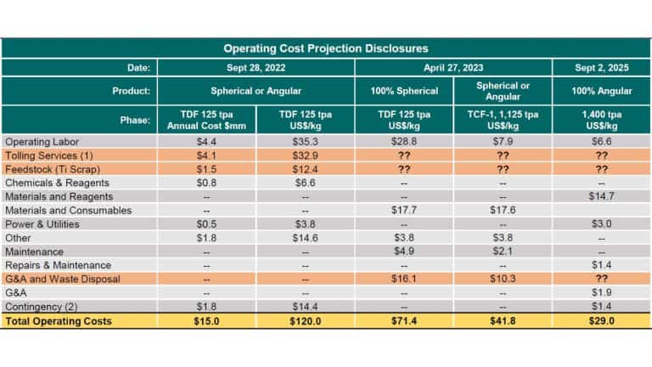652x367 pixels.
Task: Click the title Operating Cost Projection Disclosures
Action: (x=326, y=48)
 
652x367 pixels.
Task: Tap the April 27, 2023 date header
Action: (x=454, y=68)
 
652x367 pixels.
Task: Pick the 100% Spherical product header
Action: (x=406, y=91)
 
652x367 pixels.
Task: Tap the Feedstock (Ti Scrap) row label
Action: (x=46, y=169)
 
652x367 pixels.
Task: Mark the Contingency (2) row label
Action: (x=41, y=306)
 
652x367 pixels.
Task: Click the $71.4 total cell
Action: (x=406, y=320)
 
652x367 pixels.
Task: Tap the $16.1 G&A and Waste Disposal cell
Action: (x=406, y=279)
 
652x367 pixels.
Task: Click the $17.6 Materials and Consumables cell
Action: (x=503, y=210)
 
